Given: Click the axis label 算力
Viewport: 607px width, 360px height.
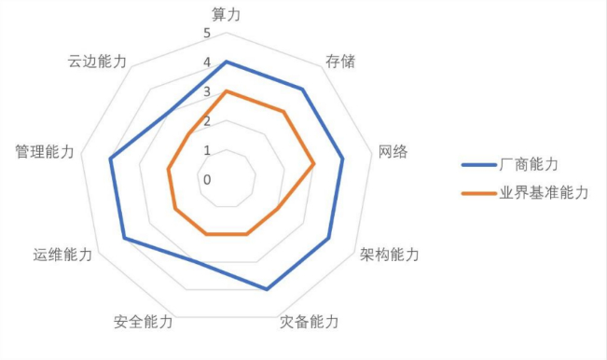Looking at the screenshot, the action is pyautogui.click(x=226, y=15).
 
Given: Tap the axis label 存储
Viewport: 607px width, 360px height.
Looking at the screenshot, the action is pyautogui.click(x=340, y=62).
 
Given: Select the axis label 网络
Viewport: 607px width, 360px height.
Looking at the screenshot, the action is pyautogui.click(x=393, y=151).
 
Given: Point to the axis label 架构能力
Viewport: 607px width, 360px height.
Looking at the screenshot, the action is pyautogui.click(x=390, y=255).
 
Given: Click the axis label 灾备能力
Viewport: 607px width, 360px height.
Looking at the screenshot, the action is pyautogui.click(x=310, y=322).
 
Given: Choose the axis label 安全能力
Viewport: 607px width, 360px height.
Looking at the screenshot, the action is pyautogui.click(x=144, y=322).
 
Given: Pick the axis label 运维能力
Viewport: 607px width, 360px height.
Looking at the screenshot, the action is pyautogui.click(x=62, y=255).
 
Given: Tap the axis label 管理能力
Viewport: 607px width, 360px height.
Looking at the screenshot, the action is pyautogui.click(x=45, y=151).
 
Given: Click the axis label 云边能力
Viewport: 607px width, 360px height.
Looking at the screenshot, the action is pyautogui.click(x=97, y=62).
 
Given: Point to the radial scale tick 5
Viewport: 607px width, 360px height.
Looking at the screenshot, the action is pyautogui.click(x=207, y=34).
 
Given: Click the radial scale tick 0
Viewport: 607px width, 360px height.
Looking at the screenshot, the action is pyautogui.click(x=207, y=180).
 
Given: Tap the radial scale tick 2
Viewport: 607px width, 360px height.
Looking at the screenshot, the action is pyautogui.click(x=207, y=121).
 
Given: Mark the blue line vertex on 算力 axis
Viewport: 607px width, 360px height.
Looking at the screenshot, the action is pyautogui.click(x=227, y=62).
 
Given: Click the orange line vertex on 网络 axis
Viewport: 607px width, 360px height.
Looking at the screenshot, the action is pyautogui.click(x=313, y=164).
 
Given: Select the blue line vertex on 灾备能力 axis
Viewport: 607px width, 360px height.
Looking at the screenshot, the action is pyautogui.click(x=267, y=289).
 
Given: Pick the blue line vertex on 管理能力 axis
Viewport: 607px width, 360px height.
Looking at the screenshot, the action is pyautogui.click(x=110, y=159).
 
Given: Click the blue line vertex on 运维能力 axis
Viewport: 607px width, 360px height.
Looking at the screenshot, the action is pyautogui.click(x=124, y=238).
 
